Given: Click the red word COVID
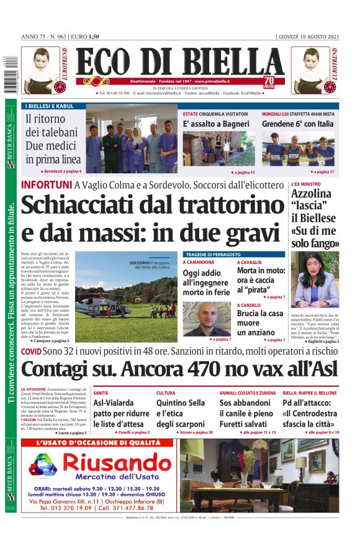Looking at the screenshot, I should [x=31, y=352].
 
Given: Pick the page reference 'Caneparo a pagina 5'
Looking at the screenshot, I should [x=48, y=340].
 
